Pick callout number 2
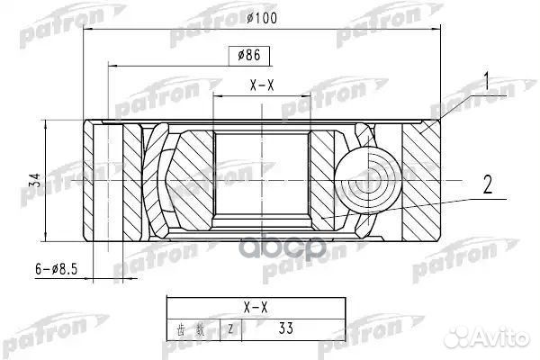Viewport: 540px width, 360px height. point(487,186)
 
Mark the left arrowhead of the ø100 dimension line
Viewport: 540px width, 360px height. point(86,30)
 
